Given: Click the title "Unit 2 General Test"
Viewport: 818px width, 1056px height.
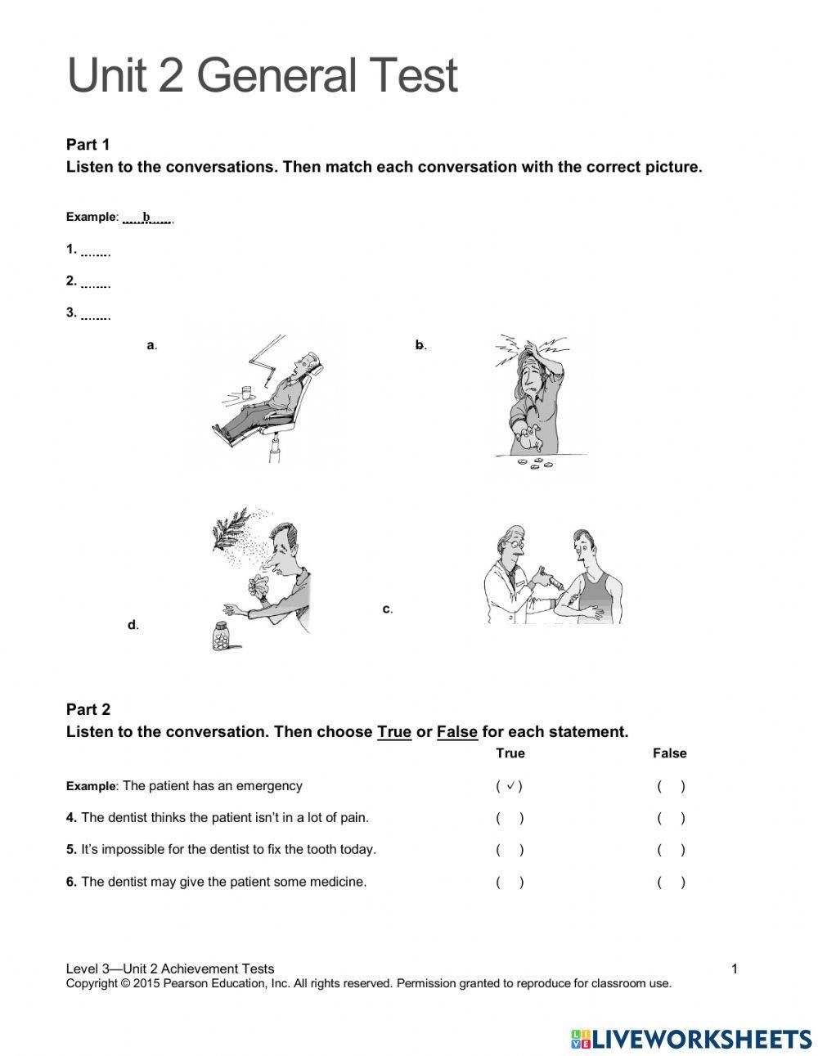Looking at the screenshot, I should [262, 76].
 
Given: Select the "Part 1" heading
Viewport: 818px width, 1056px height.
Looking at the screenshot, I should [88, 145].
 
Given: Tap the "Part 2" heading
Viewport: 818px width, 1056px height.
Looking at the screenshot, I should [88, 709].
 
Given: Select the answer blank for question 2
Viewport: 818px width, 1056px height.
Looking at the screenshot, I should [96, 283].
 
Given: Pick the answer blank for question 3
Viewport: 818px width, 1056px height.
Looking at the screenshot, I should [96, 314].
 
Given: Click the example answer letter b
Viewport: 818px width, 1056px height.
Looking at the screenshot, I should [147, 218].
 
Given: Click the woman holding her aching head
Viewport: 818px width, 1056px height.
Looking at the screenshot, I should [536, 393].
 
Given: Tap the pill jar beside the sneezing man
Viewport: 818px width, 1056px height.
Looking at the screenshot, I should [222, 636].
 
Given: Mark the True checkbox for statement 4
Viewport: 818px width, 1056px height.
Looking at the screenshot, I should [510, 818].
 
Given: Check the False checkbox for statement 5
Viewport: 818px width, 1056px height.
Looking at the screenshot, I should [671, 850].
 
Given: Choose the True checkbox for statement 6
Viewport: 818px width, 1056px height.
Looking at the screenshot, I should [510, 882].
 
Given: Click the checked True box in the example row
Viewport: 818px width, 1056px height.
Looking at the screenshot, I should [510, 786].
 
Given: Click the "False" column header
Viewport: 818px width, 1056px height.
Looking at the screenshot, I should [669, 753].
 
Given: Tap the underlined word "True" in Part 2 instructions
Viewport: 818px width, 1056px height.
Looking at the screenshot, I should [393, 732].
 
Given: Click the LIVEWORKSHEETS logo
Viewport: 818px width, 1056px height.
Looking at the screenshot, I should [691, 1039].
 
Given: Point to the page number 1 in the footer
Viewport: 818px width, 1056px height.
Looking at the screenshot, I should [734, 969].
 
